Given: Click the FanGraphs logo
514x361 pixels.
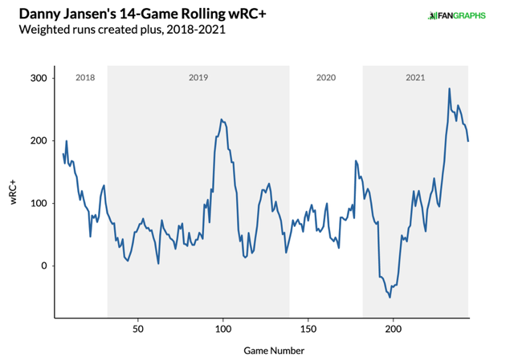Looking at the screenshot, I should tap(458, 15).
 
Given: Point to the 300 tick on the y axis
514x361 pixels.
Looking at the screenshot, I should tap(37, 78).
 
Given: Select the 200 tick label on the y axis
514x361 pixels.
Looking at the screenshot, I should tap(37, 140).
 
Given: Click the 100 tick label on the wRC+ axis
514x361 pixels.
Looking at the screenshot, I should tap(37, 203).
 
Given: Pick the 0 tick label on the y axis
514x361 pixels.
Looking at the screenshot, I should tap(42, 266).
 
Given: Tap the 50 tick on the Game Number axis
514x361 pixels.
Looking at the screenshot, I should tap(138, 329).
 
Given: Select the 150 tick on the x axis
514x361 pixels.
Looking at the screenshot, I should tap(308, 329).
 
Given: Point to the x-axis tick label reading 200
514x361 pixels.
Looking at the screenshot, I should tap(394, 329).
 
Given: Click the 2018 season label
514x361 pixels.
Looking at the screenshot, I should tap(85, 78).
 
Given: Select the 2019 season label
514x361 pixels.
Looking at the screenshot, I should tap(198, 78).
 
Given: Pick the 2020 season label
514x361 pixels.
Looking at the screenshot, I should tap(326, 78).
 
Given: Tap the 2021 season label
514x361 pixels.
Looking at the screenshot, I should tap(415, 78).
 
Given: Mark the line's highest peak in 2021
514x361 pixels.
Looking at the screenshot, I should tap(450, 88).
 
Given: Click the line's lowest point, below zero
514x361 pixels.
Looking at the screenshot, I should tap(390, 298).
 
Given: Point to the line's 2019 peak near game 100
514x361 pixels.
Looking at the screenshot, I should tap(221, 120).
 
